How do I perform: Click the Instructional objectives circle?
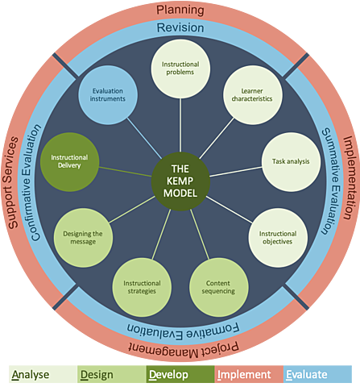pos(277,237)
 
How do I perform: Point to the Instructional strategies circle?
pos(142,288)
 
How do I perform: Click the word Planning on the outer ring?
pos(180,10)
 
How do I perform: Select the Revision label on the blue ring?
pos(180,28)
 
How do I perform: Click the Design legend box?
pos(110,374)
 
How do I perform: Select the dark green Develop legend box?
pos(180,374)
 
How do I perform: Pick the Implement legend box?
pos(250,374)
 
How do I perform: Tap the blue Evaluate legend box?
pos(321,374)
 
